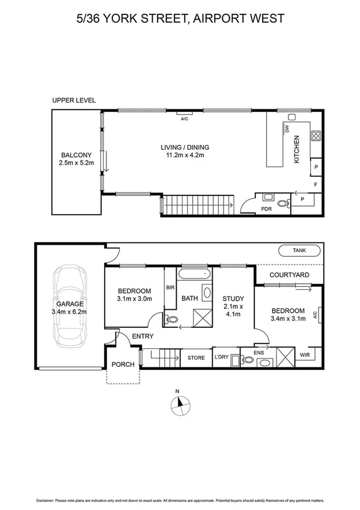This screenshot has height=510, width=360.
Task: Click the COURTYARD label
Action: coord(289,275)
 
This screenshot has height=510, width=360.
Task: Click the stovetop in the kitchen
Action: coord(316,135)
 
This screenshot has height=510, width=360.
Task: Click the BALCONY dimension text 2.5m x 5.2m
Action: coord(76,163)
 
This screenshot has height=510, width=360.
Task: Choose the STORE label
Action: coord(196,358)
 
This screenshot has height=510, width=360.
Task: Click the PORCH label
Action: coord(123,364)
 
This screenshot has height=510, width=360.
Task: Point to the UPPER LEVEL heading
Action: coord(74,101)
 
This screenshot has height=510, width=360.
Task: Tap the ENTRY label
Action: coord(142,336)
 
